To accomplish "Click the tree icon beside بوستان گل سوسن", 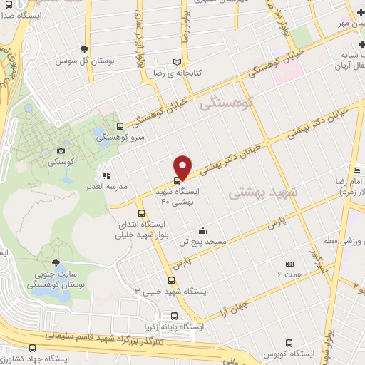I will click(86, 48).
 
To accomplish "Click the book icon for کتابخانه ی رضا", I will click(178, 62).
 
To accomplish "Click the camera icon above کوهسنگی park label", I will click(61, 150).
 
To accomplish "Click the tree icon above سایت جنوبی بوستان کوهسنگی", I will click(56, 263).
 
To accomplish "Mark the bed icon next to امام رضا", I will click(357, 170).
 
